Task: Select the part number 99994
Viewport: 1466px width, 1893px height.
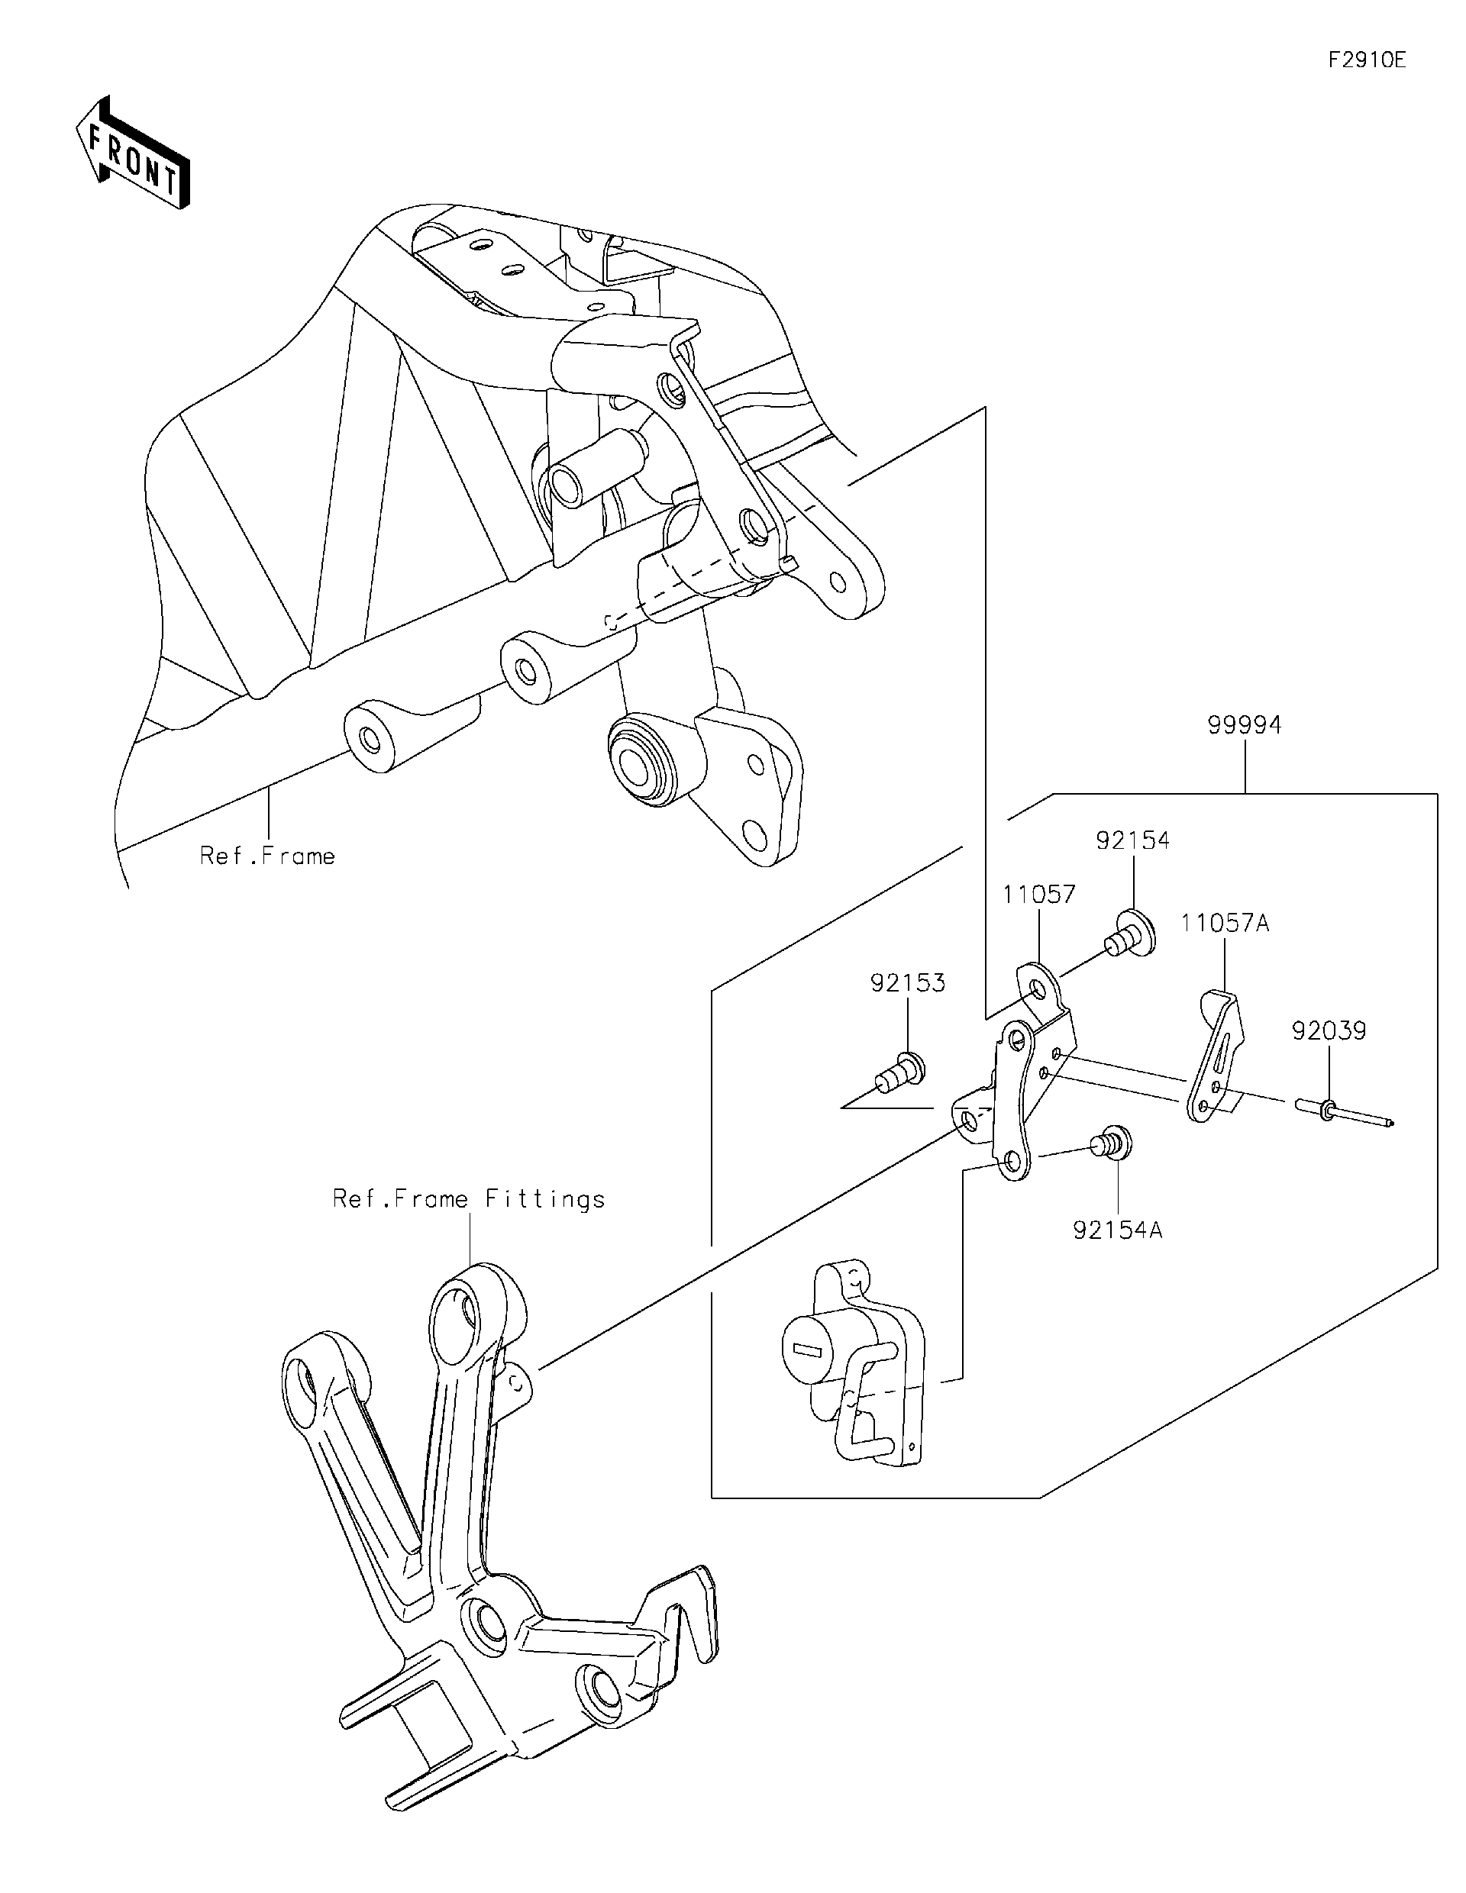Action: tap(1244, 724)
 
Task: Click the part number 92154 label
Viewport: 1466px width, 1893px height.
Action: tap(1132, 840)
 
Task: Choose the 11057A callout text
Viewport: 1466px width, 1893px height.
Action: tap(1224, 923)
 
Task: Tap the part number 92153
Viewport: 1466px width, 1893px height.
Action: tap(908, 983)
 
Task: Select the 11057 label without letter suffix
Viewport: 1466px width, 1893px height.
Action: tap(1038, 895)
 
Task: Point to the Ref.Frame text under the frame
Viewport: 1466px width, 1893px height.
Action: tap(267, 856)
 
